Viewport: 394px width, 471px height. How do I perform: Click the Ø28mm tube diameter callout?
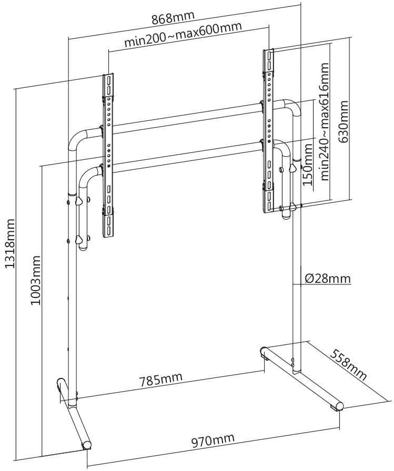[327, 278]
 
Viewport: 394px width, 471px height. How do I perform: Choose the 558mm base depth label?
[349, 365]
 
